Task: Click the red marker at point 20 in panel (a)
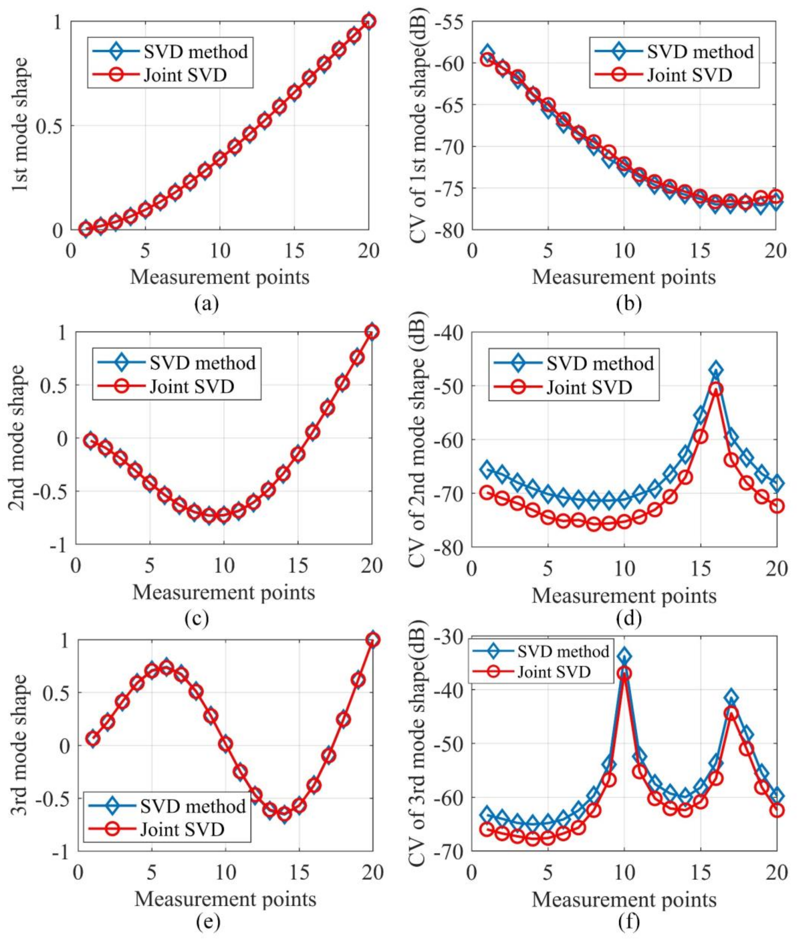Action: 369,21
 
